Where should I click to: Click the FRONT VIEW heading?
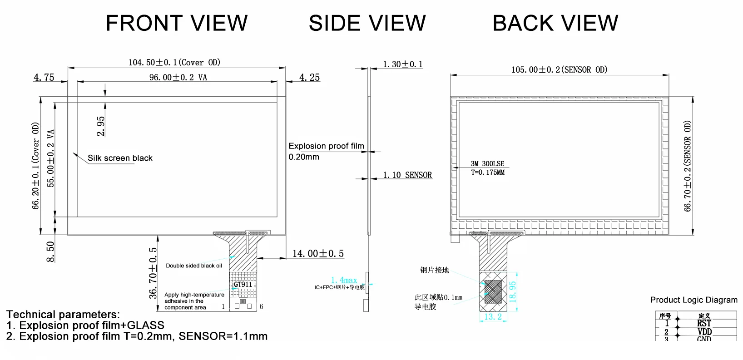[x=177, y=23]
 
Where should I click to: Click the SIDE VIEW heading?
[x=367, y=23]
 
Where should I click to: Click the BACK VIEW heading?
[x=555, y=23]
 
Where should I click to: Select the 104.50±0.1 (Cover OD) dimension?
[x=174, y=62]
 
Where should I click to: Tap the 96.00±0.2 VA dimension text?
[x=178, y=78]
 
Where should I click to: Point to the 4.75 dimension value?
[x=44, y=78]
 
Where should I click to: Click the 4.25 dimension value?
[x=309, y=78]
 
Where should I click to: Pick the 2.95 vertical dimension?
[x=101, y=126]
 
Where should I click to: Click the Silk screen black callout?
[x=120, y=158]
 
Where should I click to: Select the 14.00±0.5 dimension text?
[x=318, y=253]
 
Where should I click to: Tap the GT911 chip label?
[x=243, y=285]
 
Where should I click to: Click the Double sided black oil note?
[x=194, y=266]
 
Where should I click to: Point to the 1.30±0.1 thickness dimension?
[x=402, y=64]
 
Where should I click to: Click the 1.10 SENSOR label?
[x=407, y=175]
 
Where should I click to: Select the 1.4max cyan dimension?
[x=344, y=280]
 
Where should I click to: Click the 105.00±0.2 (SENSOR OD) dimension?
[x=559, y=70]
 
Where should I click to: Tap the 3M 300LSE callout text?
[x=487, y=164]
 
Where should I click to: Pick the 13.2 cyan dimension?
[x=493, y=317]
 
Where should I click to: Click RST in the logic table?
[x=704, y=323]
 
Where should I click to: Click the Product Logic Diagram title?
[x=693, y=300]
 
